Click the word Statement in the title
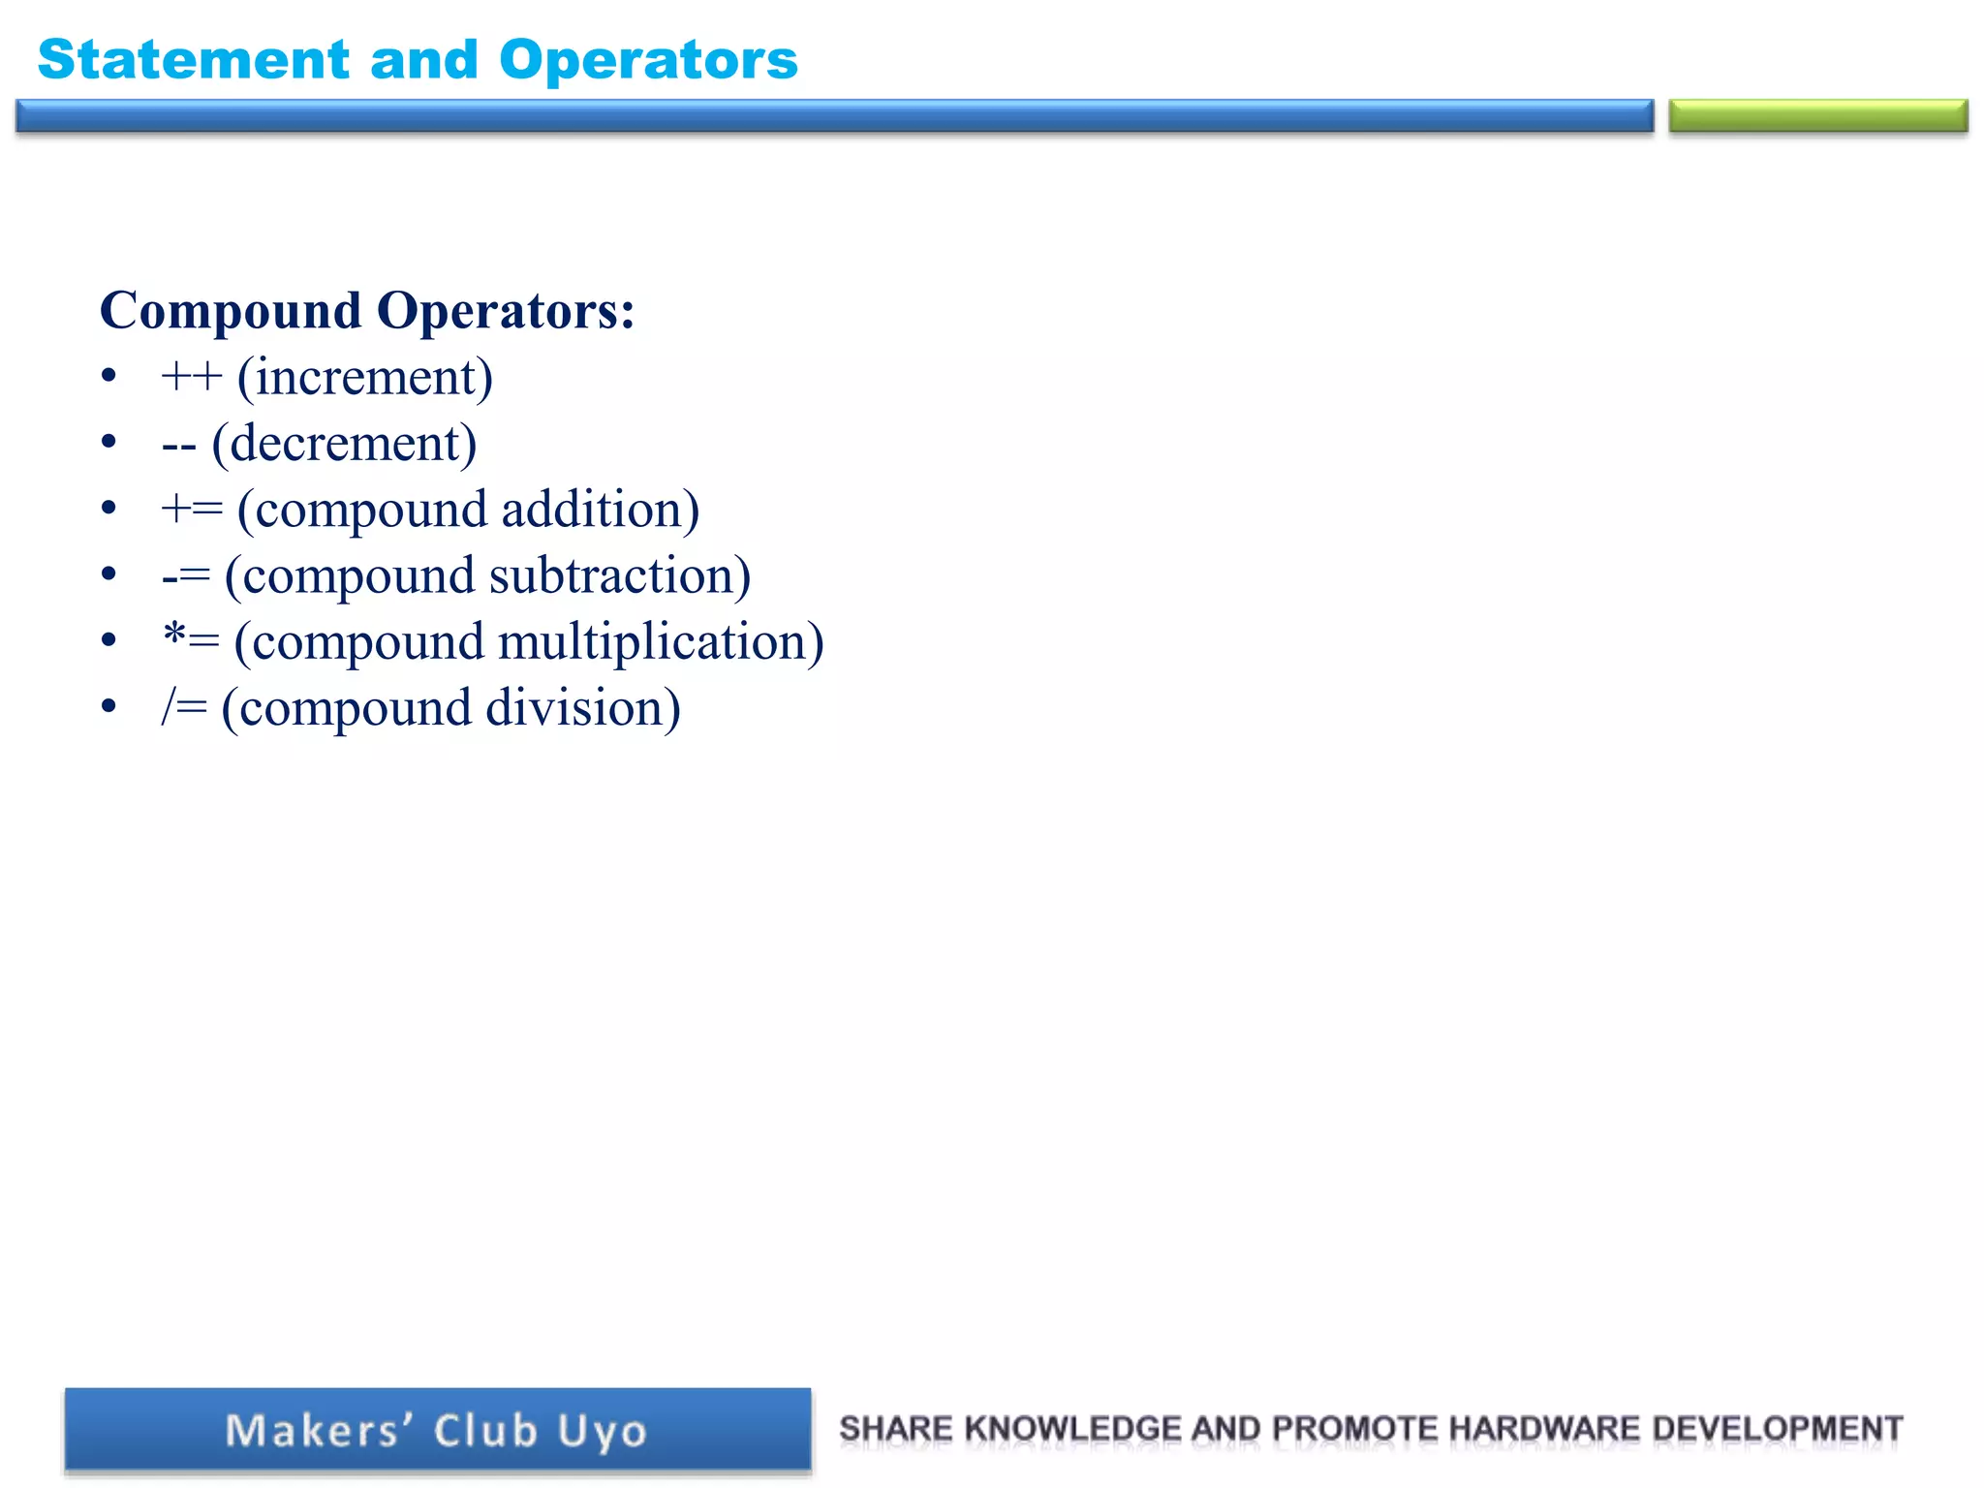coord(193,60)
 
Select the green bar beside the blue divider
coord(1817,116)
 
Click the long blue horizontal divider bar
coord(834,116)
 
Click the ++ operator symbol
coord(192,377)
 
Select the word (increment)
coord(365,378)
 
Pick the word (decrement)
coord(344,445)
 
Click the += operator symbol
coord(192,510)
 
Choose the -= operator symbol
coord(186,576)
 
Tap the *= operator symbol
coord(191,640)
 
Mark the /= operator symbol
coord(184,707)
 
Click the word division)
coord(582,708)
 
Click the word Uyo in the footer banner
coord(602,1432)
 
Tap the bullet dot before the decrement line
coord(108,442)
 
